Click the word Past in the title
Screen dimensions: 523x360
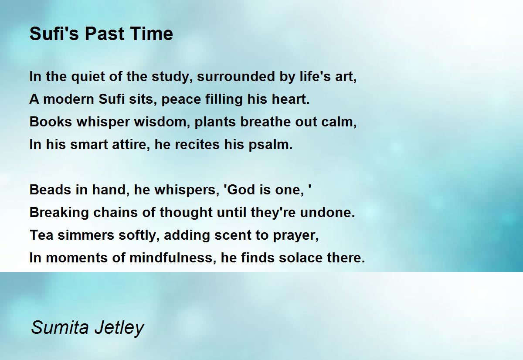104,34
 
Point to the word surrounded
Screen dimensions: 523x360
236,77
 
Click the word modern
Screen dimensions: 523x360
68,99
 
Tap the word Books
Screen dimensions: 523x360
51,122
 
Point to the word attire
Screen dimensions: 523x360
131,145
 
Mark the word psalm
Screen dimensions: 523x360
270,145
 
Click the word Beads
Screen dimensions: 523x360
50,190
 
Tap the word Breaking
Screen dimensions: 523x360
59,213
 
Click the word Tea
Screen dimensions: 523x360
41,235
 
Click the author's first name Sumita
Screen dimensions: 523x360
60,327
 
